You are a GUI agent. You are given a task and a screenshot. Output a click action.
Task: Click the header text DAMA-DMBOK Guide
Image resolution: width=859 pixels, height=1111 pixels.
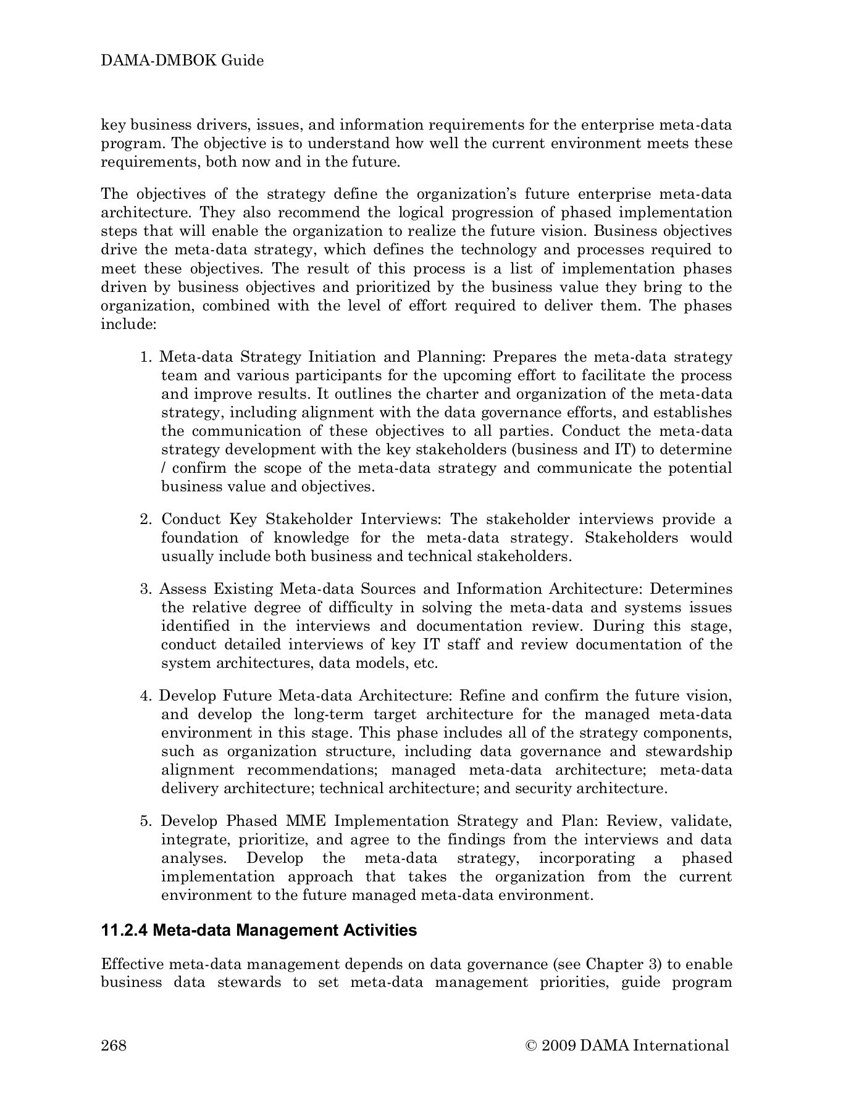[x=182, y=60]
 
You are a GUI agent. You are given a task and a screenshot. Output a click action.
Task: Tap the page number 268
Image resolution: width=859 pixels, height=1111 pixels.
[x=114, y=1045]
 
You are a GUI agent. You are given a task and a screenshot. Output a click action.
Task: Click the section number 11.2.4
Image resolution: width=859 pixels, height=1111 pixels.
[x=124, y=930]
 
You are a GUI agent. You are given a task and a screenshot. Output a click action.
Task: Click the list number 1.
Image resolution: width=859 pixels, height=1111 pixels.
[x=145, y=357]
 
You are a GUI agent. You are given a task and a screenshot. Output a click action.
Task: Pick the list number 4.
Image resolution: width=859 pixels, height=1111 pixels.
[x=145, y=696]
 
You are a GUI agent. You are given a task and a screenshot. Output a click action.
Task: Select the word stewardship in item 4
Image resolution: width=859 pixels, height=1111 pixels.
[x=689, y=752]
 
